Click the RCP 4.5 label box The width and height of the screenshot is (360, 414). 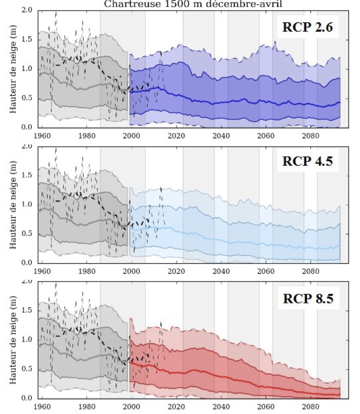[x=307, y=161]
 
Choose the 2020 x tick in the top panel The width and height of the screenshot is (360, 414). [x=176, y=135]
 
